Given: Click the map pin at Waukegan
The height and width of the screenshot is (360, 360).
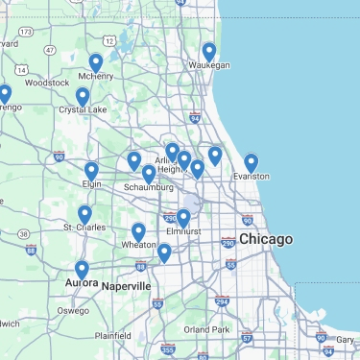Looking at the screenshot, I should (209, 52).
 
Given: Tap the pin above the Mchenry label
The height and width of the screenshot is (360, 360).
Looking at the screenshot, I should (96, 63).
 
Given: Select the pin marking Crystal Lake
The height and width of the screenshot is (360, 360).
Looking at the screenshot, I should (83, 97).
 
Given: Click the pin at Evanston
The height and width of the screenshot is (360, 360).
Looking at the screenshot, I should (252, 163).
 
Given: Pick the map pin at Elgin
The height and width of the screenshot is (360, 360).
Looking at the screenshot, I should (91, 171).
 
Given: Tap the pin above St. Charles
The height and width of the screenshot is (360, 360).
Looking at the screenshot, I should (84, 214).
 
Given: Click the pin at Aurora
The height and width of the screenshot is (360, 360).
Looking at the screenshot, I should (82, 270).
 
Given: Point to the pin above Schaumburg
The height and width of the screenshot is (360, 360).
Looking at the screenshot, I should (149, 174).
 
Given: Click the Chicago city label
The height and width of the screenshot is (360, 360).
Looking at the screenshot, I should (266, 238).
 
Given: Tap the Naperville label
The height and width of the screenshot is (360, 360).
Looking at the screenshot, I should (127, 286).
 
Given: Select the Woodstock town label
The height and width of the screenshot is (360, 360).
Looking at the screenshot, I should (47, 83).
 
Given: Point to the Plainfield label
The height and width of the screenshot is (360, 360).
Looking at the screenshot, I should (112, 335).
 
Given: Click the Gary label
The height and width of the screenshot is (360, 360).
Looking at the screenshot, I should (346, 340).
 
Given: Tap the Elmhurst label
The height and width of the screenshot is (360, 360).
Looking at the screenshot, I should (181, 231).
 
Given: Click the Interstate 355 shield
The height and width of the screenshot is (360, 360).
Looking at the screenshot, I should (168, 349).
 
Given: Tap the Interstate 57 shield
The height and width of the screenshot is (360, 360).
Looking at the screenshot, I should (247, 337).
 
